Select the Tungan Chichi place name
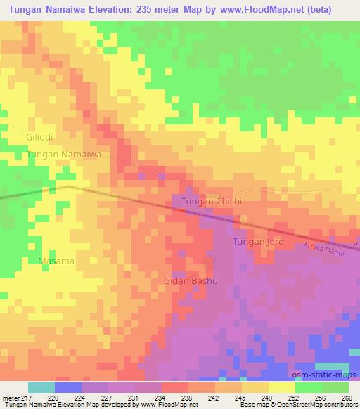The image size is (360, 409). [x=212, y=202]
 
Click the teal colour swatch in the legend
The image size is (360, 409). [x=41, y=387]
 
